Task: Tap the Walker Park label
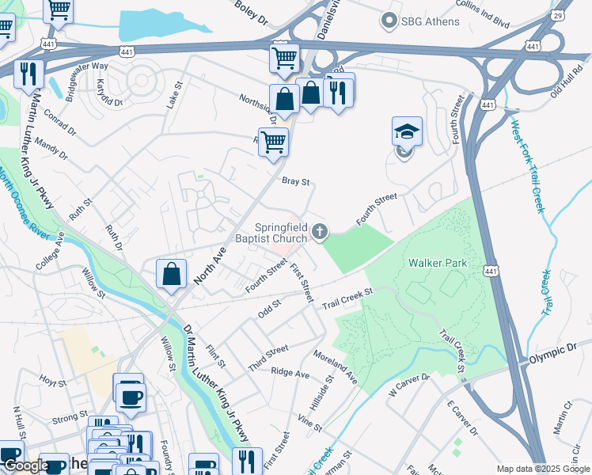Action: tap(438, 263)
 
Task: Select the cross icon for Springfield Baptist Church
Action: tap(320, 231)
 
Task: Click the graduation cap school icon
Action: tap(407, 131)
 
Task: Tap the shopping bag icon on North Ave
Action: tap(171, 275)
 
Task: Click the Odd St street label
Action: tap(269, 307)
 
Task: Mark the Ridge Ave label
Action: tap(290, 371)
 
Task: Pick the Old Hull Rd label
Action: tap(567, 93)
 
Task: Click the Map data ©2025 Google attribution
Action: tap(542, 469)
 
